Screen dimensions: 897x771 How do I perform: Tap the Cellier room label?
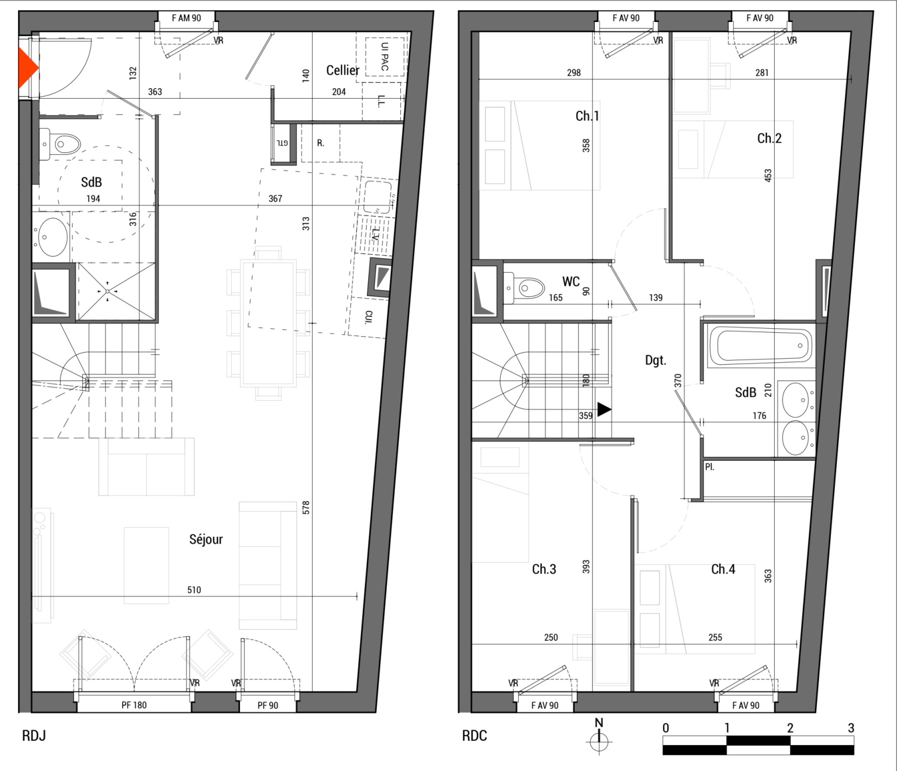point(343,70)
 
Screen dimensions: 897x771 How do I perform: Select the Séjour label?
point(206,539)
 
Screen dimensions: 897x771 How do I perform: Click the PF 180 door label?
point(134,705)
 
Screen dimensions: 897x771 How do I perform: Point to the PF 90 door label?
point(268,705)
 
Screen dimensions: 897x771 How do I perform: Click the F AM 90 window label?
point(186,18)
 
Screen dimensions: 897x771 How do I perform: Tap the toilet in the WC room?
point(525,288)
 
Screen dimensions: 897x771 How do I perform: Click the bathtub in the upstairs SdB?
point(761,346)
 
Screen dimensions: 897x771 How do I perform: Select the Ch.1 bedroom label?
point(587,116)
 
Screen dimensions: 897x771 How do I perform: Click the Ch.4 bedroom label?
point(723,570)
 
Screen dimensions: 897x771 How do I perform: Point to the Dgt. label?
point(655,360)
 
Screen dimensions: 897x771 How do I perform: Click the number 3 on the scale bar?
point(851,728)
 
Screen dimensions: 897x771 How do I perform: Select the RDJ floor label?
point(34,736)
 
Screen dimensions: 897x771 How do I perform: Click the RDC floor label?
point(474,736)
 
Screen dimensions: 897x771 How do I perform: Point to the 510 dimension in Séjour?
point(194,590)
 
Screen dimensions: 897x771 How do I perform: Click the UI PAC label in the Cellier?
point(385,57)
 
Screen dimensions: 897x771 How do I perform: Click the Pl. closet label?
point(710,467)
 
